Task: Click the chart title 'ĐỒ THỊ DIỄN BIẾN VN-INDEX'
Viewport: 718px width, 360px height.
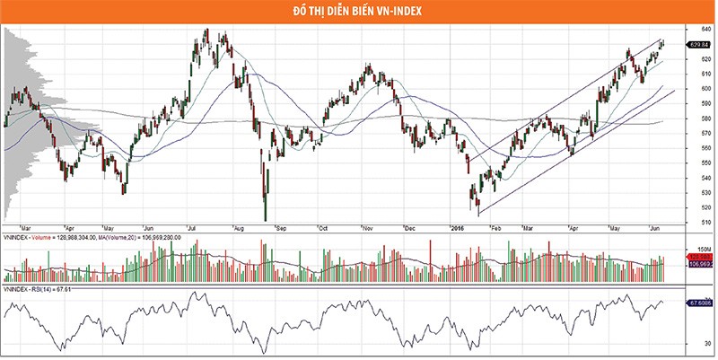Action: [359, 11]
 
